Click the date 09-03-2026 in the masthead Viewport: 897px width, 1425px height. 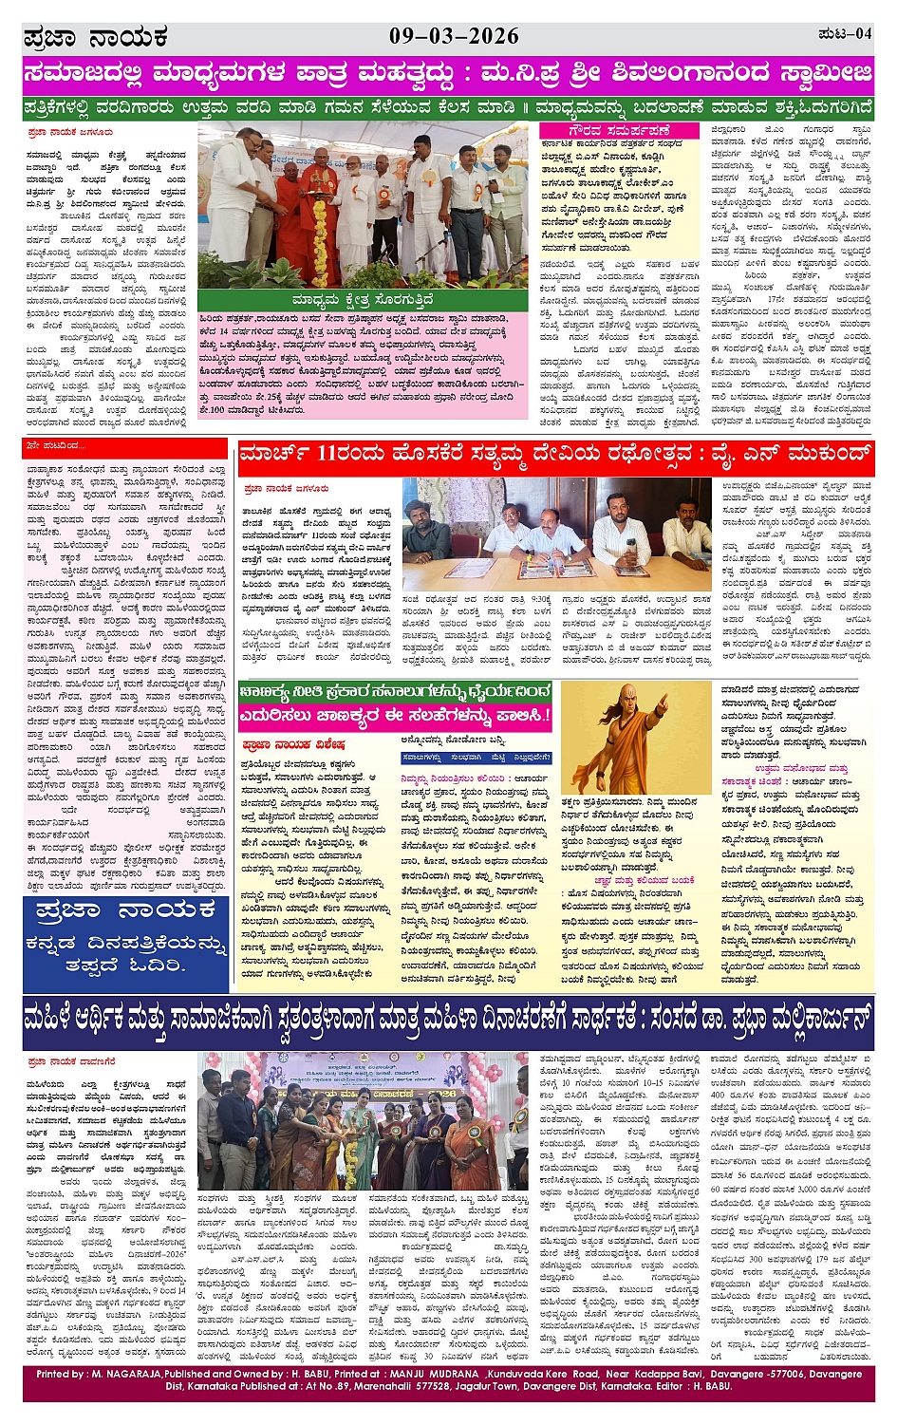454,36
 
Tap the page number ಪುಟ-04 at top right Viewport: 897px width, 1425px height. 844,34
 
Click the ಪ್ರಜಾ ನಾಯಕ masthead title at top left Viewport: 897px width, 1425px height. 96,37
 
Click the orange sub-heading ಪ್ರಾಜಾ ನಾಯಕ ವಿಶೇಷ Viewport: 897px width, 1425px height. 293,744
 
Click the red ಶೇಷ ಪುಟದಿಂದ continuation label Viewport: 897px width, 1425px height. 47,445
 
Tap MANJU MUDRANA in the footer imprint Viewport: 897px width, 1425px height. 432,1373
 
